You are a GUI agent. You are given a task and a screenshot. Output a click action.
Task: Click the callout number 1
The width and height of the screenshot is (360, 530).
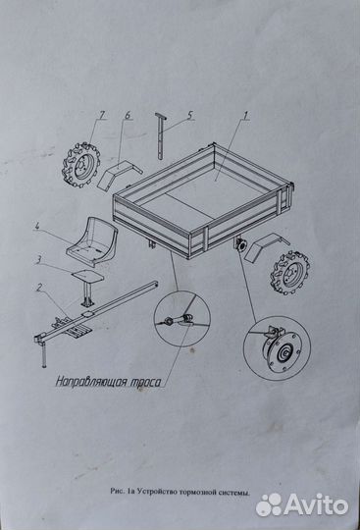pyautogui.click(x=246, y=116)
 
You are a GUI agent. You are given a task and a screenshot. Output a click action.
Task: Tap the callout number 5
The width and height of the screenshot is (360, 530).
pyautogui.click(x=189, y=115)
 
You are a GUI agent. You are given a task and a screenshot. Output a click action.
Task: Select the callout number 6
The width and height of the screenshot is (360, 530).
pyautogui.click(x=128, y=115)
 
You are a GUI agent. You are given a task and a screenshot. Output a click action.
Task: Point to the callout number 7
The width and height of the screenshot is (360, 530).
pyautogui.click(x=102, y=115)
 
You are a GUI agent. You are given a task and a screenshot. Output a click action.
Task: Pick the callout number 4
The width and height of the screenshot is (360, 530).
pyautogui.click(x=37, y=226)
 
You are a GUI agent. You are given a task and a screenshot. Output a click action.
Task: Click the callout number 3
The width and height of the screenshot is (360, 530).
pyautogui.click(x=39, y=259)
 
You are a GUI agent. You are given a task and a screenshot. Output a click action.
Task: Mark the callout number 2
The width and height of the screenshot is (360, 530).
pyautogui.click(x=39, y=288)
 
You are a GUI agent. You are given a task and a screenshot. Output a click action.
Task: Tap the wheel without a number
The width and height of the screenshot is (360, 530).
pyautogui.click(x=289, y=273)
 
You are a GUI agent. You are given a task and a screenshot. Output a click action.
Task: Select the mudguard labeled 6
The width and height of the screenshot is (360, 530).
pyautogui.click(x=119, y=175)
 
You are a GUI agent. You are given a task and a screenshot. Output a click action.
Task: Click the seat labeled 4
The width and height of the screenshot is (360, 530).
pyautogui.click(x=92, y=241)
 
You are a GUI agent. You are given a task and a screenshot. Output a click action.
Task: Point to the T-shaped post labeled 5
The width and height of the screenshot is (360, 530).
pyautogui.click(x=161, y=135)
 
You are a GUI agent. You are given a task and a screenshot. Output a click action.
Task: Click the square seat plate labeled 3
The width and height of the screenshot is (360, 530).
pyautogui.click(x=88, y=277)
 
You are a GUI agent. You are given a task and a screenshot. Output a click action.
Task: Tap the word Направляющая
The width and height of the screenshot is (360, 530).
pyautogui.click(x=91, y=382)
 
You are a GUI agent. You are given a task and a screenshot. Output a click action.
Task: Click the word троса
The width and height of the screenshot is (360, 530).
pyautogui.click(x=145, y=382)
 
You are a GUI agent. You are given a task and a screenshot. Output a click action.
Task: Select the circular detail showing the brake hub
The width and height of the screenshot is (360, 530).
pyautogui.click(x=277, y=348)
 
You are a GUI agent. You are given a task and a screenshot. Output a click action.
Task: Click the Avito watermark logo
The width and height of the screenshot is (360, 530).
pyautogui.click(x=302, y=505)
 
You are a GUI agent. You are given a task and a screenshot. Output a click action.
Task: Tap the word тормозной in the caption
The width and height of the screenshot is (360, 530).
pyautogui.click(x=196, y=492)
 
